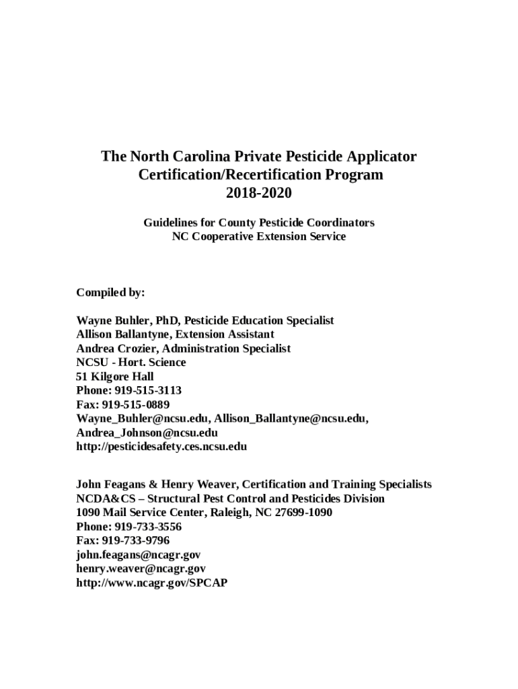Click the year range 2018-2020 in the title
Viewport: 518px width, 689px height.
[x=259, y=193]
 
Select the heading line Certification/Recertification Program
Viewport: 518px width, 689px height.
[x=259, y=175]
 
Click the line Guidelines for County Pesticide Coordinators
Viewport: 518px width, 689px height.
[x=259, y=222]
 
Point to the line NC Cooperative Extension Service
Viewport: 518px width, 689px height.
[x=259, y=236]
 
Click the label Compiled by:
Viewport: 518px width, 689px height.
[x=110, y=293]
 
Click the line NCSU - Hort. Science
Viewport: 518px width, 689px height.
[x=131, y=362]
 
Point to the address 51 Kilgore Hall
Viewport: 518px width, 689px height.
[x=115, y=376]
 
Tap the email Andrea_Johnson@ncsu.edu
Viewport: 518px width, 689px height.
[x=147, y=433]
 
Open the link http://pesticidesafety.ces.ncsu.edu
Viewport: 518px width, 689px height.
[x=161, y=446]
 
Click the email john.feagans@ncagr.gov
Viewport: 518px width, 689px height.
[x=138, y=554]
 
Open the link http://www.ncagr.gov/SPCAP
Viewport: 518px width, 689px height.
[x=151, y=583]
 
